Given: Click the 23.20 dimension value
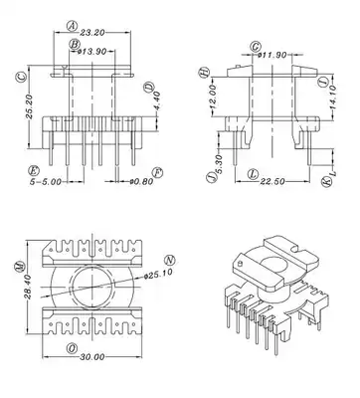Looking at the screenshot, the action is coord(92,33).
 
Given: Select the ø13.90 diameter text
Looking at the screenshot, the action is coord(91,52).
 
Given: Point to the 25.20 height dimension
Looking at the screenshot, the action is coord(29,106).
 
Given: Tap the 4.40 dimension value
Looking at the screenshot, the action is coord(157,101).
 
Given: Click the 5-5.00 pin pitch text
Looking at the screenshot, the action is coord(46,182).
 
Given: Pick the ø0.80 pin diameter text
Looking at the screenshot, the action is coord(141,181).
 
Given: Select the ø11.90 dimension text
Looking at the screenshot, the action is coord(272,55).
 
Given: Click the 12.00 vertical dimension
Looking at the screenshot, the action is coord(213,97).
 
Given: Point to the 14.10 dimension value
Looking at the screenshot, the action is coord(333,97).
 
